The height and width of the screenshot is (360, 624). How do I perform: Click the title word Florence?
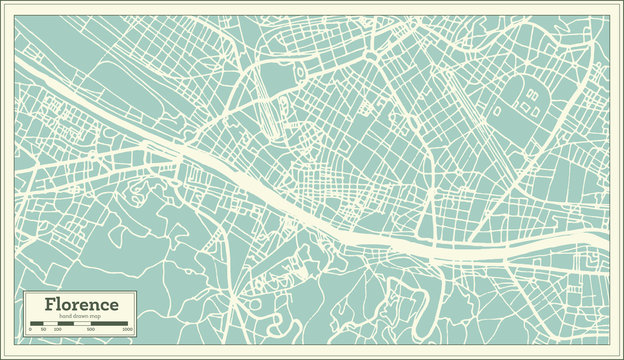click(x=80, y=304)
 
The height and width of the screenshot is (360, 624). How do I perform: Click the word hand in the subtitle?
click(x=65, y=316)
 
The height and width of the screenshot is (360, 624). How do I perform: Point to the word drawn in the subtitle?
click(x=81, y=316)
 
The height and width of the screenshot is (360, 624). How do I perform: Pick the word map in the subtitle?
click(x=96, y=316)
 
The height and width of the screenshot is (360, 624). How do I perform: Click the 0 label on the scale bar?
click(x=30, y=329)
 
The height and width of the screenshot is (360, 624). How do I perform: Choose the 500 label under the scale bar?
click(x=90, y=329)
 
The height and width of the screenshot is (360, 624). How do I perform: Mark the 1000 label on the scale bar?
click(x=127, y=329)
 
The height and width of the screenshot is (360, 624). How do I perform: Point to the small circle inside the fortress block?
click(x=298, y=72)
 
